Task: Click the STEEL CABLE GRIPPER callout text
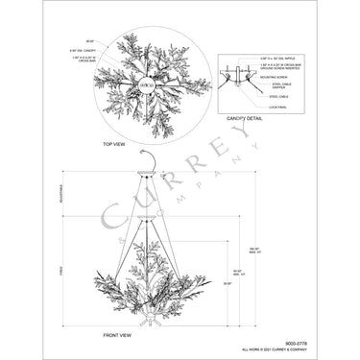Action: [275, 86]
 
